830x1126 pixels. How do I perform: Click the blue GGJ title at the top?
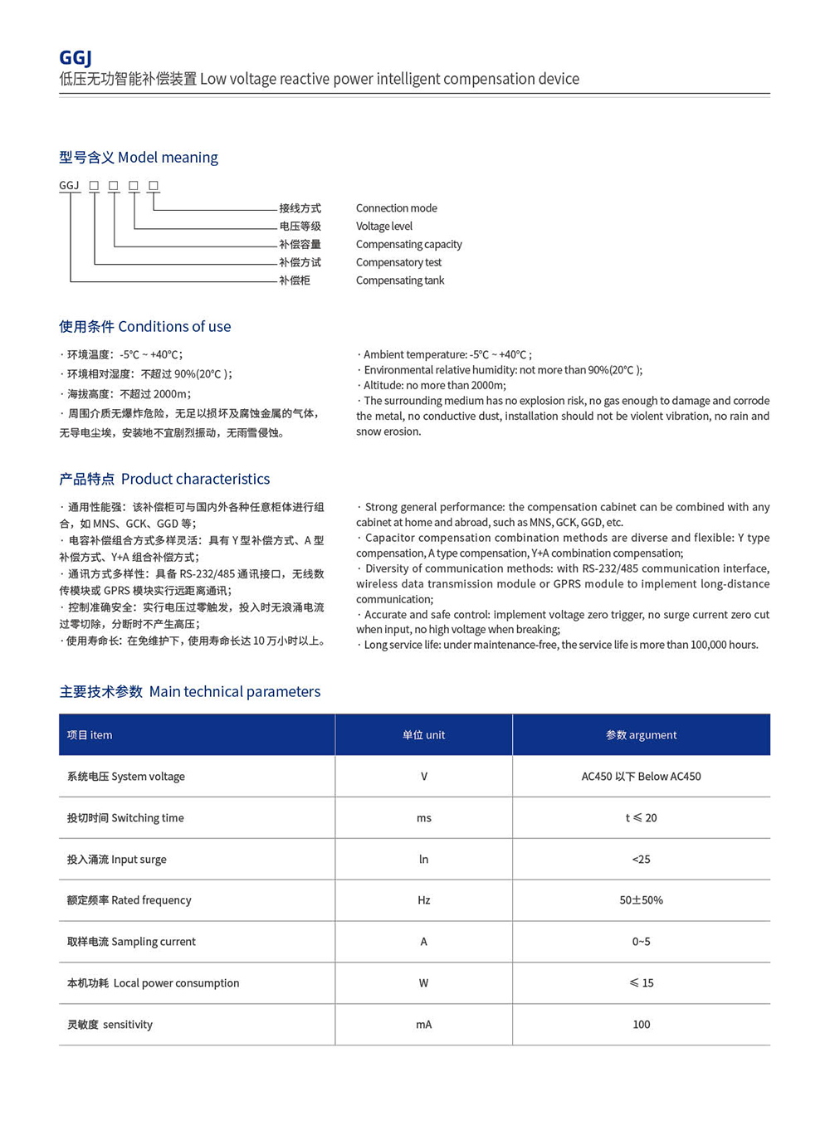point(76,57)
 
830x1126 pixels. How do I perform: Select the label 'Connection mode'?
point(396,208)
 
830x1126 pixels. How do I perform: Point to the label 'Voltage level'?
point(383,227)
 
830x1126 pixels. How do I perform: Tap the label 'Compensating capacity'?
point(408,245)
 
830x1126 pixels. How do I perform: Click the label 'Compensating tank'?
point(400,280)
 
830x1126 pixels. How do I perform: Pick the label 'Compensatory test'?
point(398,263)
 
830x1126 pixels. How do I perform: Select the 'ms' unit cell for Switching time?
point(423,818)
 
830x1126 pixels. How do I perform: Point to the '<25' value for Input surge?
point(641,860)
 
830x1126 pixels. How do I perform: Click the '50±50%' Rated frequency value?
point(641,900)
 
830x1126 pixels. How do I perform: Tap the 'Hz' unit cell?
point(423,900)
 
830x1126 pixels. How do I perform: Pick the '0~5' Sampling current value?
point(641,942)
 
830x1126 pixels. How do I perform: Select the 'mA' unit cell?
point(423,1025)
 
